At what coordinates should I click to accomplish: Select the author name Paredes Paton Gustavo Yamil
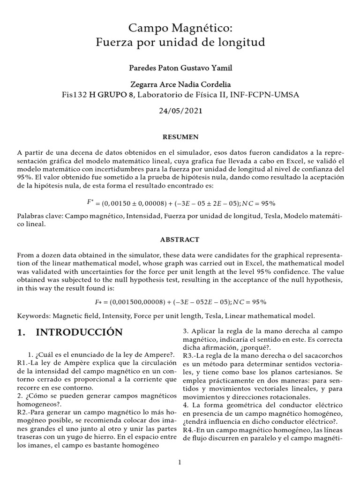pyautogui.click(x=180, y=68)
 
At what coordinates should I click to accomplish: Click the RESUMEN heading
pyautogui.click(x=180, y=137)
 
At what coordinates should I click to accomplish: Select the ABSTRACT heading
pyautogui.click(x=180, y=239)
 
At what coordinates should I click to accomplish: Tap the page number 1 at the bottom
pyautogui.click(x=180, y=462)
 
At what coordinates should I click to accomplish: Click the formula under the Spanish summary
pyautogui.click(x=180, y=203)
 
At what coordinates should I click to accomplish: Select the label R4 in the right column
pyautogui.click(x=189, y=430)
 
